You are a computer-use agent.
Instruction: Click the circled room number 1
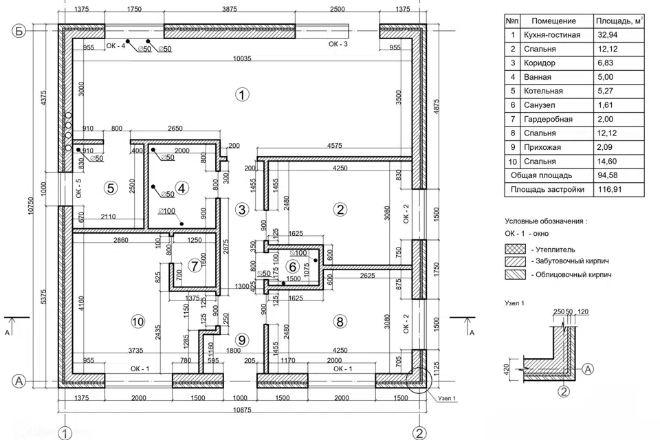pos(241,94)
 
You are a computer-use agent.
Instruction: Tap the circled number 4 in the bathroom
pos(181,187)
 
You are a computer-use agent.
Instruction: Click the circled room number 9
pos(241,339)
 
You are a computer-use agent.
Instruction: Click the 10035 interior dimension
pos(241,59)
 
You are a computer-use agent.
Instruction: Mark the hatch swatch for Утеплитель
pos(515,249)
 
